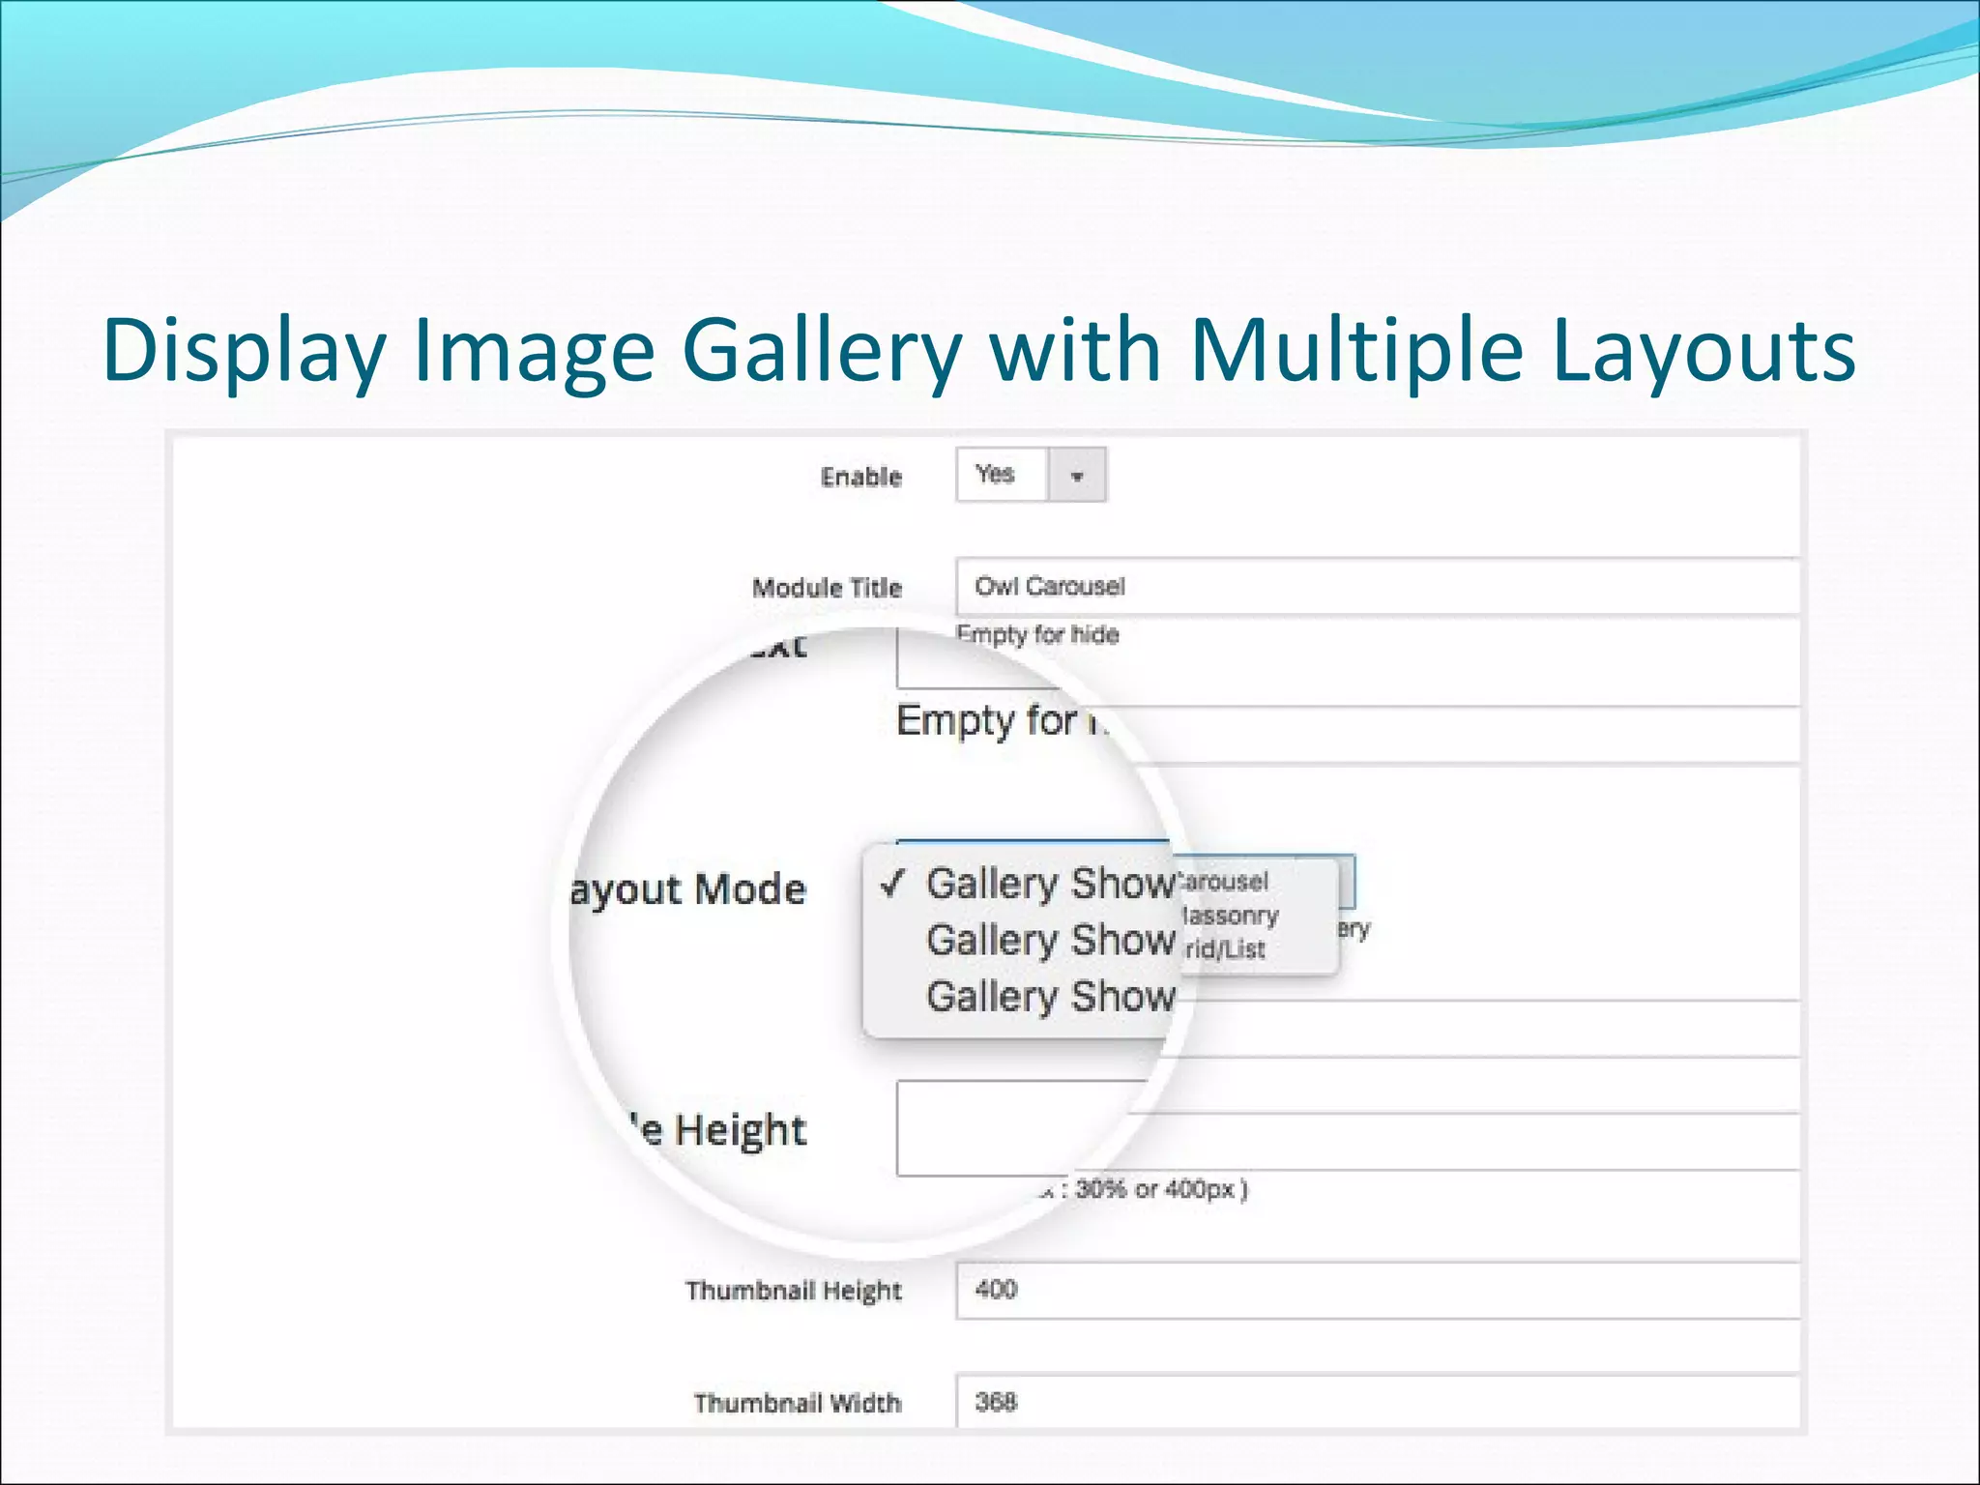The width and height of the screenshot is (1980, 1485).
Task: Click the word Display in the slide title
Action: click(x=244, y=350)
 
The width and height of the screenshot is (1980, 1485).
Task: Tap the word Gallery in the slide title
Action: click(x=822, y=350)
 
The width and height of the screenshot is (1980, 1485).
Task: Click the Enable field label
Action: click(x=860, y=477)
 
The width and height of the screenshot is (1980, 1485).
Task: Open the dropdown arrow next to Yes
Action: click(x=1076, y=476)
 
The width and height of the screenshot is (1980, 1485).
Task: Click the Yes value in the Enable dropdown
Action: click(x=995, y=474)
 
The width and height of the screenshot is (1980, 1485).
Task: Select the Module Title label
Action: click(x=827, y=588)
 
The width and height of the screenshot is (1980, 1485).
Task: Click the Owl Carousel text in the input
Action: click(x=1049, y=586)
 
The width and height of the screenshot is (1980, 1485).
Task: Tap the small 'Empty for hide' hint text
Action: click(x=1037, y=635)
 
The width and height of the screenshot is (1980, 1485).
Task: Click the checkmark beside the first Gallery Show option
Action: click(x=893, y=882)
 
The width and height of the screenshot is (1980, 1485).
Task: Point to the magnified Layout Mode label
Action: click(x=688, y=889)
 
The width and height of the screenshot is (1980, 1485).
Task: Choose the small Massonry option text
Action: click(x=1230, y=916)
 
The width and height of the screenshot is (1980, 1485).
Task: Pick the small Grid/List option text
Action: click(x=1224, y=949)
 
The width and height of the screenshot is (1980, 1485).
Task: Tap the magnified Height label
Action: click(x=740, y=1129)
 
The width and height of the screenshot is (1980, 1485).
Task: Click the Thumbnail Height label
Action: click(x=793, y=1291)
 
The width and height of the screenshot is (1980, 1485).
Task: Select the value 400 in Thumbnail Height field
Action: click(x=996, y=1289)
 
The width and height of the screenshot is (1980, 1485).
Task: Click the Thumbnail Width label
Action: click(x=797, y=1403)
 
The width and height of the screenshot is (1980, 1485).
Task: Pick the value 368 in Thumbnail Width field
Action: click(x=996, y=1402)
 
